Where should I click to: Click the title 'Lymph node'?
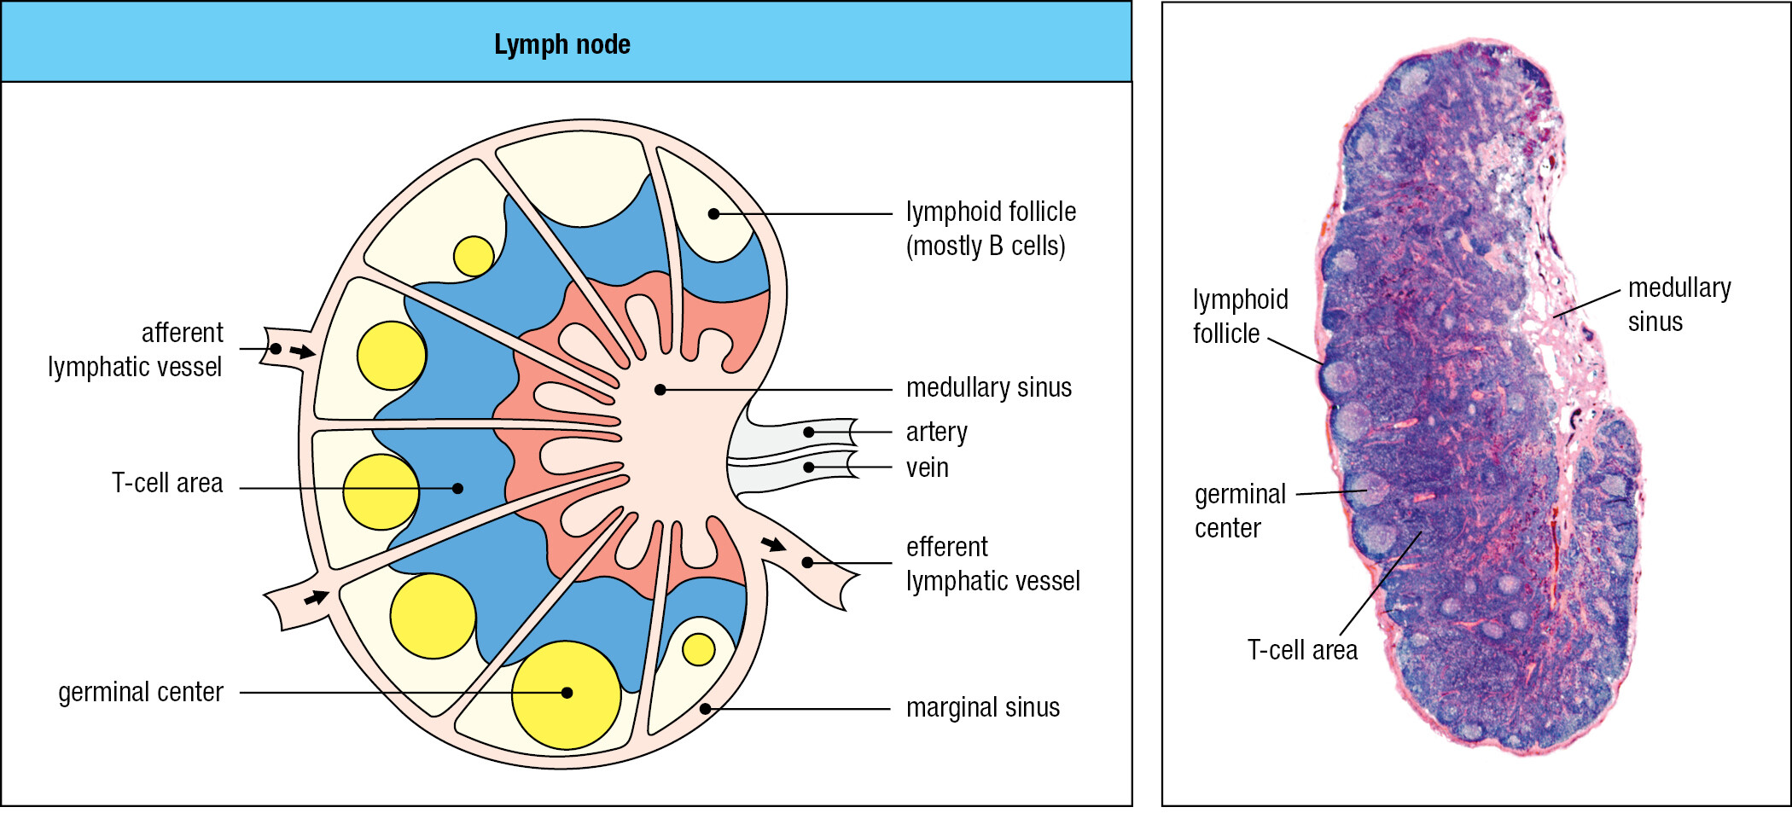tap(562, 44)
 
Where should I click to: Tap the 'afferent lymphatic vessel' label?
tap(135, 350)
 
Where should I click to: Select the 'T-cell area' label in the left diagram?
tap(167, 483)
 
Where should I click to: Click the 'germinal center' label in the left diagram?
tap(141, 692)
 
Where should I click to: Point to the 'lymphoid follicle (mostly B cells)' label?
tap(991, 229)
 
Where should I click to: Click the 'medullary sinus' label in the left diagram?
tap(989, 388)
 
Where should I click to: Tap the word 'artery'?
tap(937, 433)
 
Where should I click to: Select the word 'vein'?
tap(927, 467)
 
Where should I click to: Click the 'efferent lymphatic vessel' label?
tap(992, 564)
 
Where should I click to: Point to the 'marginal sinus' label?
tap(983, 707)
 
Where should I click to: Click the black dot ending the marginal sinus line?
tap(705, 709)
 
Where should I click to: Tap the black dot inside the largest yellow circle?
tap(567, 693)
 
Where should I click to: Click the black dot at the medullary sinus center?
tap(660, 390)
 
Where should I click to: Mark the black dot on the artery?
tap(808, 433)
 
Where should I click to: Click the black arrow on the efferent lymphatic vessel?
tap(774, 544)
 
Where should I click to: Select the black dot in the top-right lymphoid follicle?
tap(713, 214)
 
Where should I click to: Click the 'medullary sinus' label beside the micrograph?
tap(1679, 305)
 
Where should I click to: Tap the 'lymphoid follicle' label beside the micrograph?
tap(1241, 316)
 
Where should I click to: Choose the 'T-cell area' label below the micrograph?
tap(1302, 650)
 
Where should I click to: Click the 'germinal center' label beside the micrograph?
tap(1240, 511)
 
